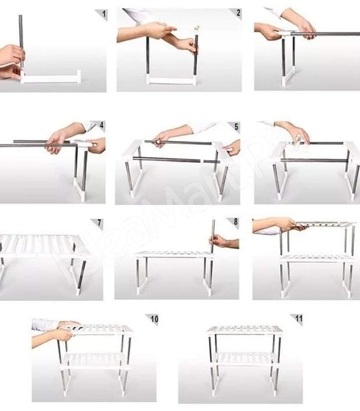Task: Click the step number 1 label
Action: [x=103, y=13]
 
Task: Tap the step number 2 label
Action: [x=238, y=12]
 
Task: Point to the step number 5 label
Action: [x=237, y=127]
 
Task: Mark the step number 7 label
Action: [x=99, y=223]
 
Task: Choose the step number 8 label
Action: [x=235, y=223]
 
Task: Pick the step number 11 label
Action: [x=298, y=319]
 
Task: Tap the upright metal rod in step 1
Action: [x=21, y=41]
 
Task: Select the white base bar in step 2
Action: [x=171, y=80]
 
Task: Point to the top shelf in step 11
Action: [x=245, y=329]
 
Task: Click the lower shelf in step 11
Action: [x=245, y=358]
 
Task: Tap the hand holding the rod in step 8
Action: [x=221, y=241]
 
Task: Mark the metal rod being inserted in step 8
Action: [x=212, y=233]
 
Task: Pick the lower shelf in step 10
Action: [x=96, y=358]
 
